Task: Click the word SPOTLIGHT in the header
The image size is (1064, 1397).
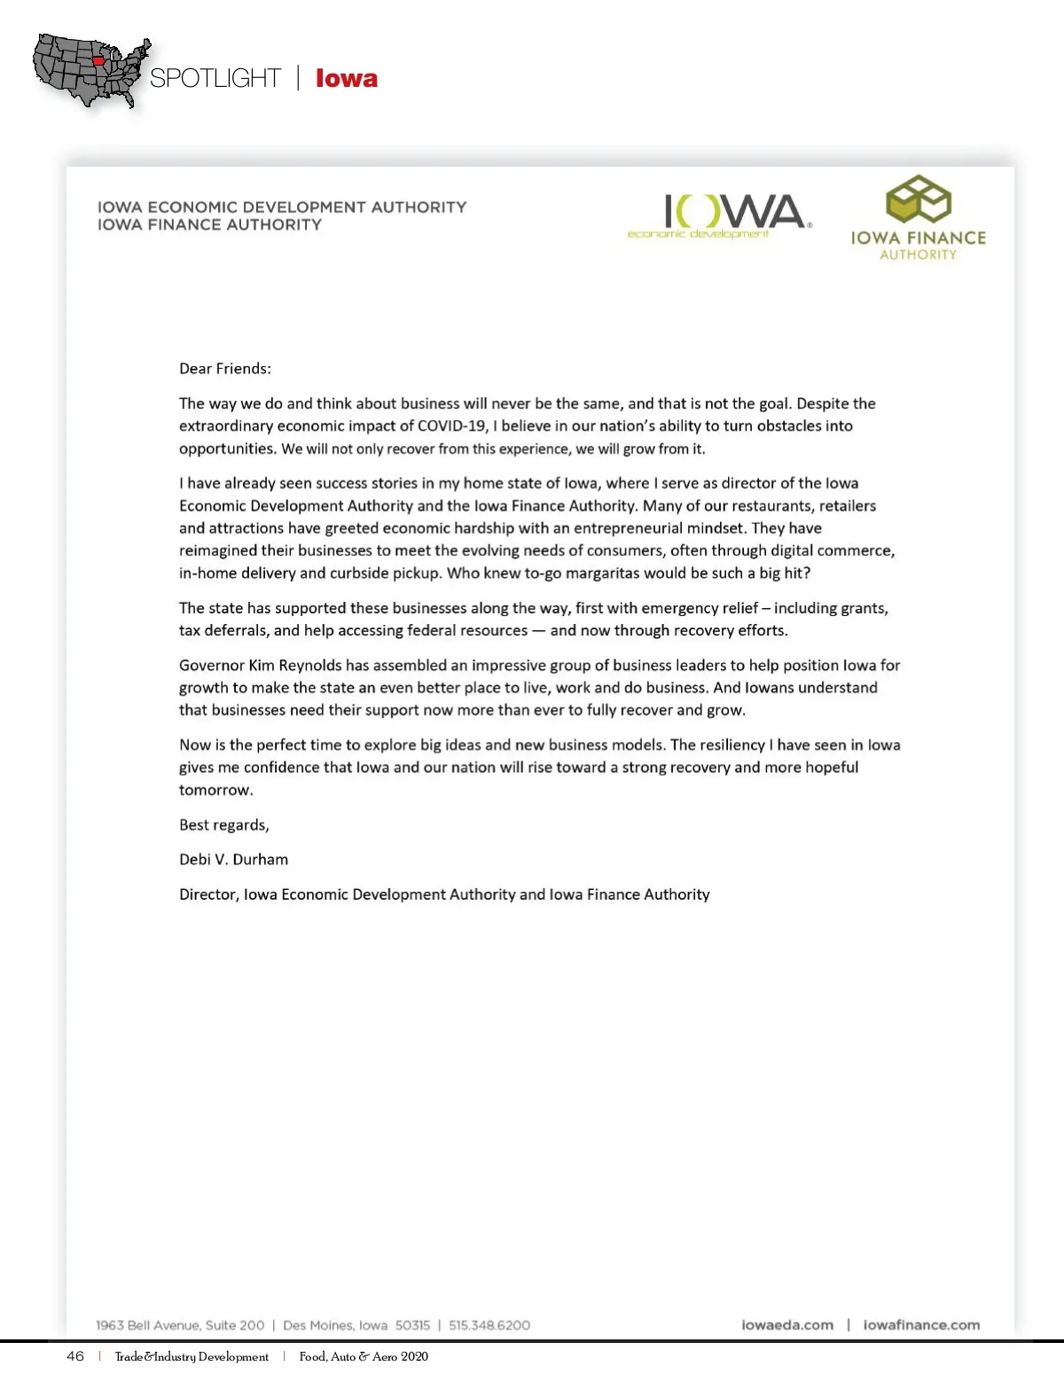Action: tap(215, 78)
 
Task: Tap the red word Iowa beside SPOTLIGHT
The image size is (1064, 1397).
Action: tap(346, 78)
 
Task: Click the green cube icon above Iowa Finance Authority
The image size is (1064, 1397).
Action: tap(919, 199)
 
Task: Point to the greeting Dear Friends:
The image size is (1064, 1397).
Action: tap(225, 369)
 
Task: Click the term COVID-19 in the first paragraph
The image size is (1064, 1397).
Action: tap(451, 425)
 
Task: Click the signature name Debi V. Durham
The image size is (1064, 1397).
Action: tap(233, 859)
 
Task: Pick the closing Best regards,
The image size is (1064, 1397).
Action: tap(223, 824)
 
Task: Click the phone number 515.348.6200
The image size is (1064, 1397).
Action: tap(489, 1325)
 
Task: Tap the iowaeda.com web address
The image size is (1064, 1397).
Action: tap(787, 1325)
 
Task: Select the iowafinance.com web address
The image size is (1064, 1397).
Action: tap(921, 1325)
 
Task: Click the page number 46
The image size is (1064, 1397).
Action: tap(75, 1356)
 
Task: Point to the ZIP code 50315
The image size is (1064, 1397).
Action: tap(412, 1325)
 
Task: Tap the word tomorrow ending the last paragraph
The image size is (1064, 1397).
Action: tap(215, 790)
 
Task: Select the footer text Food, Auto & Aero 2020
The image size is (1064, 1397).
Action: tap(364, 1356)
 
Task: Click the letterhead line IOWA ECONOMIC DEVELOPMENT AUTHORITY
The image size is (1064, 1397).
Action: tap(282, 207)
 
